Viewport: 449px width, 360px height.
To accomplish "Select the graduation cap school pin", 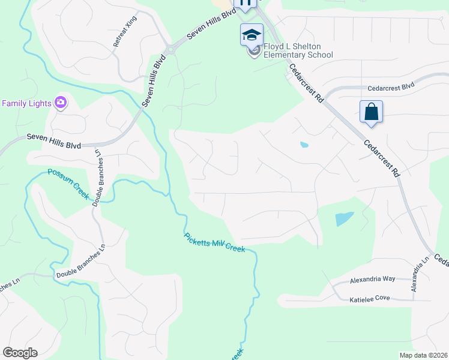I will pyautogui.click(x=252, y=35).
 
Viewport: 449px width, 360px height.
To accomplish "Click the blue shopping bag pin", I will pyautogui.click(x=371, y=112).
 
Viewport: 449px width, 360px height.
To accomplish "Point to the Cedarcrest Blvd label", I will pyautogui.click(x=391, y=86).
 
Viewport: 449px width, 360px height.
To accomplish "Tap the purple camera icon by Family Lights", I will pyautogui.click(x=60, y=103).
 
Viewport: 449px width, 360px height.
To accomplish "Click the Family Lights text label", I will pyautogui.click(x=26, y=103).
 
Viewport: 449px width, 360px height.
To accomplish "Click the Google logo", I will pyautogui.click(x=20, y=353).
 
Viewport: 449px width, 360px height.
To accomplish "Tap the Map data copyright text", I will pyautogui.click(x=423, y=355).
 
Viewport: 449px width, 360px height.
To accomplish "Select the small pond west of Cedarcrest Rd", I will pyautogui.click(x=304, y=145).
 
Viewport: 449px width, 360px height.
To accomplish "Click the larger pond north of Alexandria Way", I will pyautogui.click(x=344, y=218).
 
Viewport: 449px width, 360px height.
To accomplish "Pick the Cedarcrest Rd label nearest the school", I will pyautogui.click(x=306, y=83).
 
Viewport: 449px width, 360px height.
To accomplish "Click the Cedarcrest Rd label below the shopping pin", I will pyautogui.click(x=381, y=158).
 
